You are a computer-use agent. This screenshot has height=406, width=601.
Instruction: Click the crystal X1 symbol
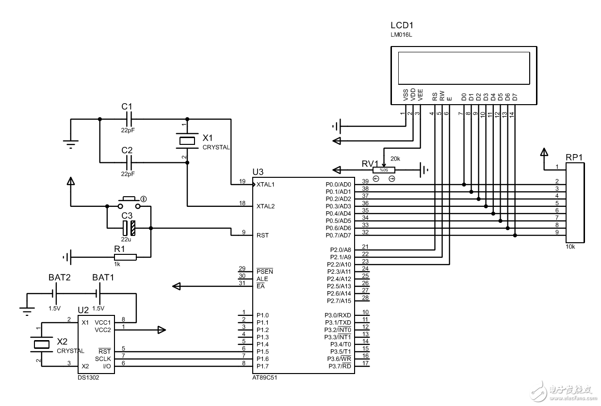click(187, 141)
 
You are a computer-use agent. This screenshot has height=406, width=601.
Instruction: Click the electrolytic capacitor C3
click(129, 228)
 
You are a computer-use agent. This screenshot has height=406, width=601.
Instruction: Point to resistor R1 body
click(125, 257)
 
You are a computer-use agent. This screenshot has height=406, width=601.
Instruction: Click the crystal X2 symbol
click(42, 344)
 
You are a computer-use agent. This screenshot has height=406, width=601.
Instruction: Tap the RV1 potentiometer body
click(384, 170)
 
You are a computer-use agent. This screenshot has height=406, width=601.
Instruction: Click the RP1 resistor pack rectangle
click(575, 203)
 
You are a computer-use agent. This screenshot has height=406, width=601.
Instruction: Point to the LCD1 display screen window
click(464, 68)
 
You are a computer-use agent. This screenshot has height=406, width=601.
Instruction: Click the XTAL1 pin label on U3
click(265, 185)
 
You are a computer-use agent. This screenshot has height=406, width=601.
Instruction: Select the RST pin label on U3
click(262, 235)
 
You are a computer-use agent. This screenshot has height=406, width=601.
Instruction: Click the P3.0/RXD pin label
click(338, 315)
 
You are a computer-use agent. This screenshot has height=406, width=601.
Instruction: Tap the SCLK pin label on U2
click(103, 359)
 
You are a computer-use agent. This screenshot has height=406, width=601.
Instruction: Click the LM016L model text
click(401, 35)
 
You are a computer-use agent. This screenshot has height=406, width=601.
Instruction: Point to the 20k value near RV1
click(395, 158)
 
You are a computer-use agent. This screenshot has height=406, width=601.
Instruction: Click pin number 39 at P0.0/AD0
click(365, 181)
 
